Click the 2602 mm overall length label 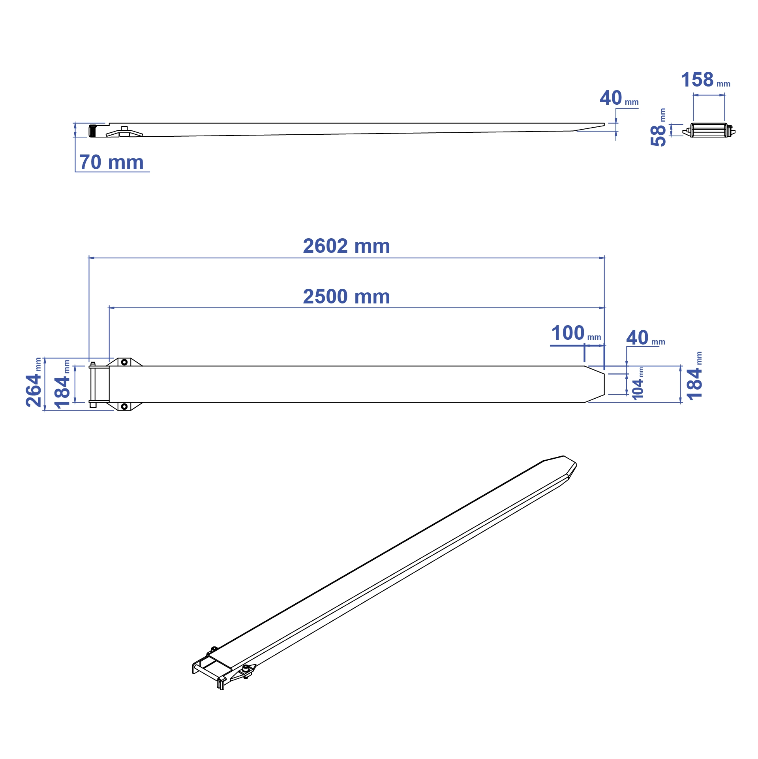(346, 246)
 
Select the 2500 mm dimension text (346, 297)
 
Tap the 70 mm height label (111, 162)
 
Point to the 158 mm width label (705, 80)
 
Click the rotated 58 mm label (658, 128)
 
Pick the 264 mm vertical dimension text (34, 382)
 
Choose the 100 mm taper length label (576, 333)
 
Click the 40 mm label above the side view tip (619, 98)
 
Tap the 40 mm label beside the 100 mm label (645, 338)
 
